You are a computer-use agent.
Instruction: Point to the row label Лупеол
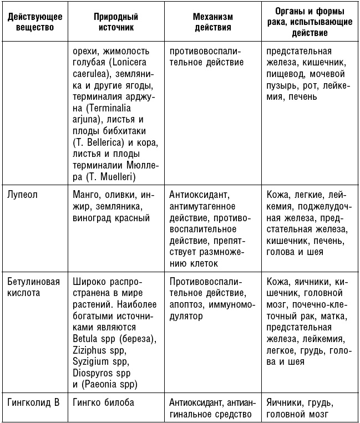coord(23,196)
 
